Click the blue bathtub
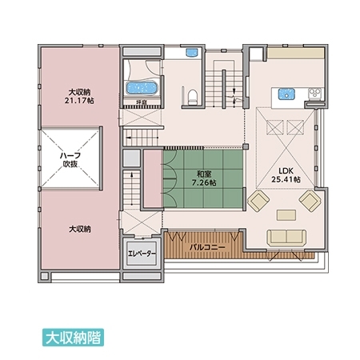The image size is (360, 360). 142,88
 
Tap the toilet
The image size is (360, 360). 192,97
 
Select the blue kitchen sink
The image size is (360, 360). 286,94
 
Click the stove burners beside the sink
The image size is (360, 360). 315,94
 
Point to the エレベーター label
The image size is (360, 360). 142,254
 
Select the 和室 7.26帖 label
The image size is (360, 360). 204,178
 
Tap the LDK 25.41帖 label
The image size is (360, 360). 286,175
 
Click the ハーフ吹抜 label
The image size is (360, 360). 70,159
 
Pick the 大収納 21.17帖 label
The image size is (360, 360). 79,97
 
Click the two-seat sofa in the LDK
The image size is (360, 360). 286,238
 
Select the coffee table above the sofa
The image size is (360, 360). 286,215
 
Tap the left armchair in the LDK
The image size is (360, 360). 258,201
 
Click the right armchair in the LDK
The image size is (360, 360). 310,201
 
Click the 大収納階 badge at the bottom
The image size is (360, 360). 73,338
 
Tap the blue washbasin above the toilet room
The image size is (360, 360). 192,52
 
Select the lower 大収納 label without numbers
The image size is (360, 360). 80,229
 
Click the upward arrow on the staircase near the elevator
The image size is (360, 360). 132,189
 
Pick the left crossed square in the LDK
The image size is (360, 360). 275,127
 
